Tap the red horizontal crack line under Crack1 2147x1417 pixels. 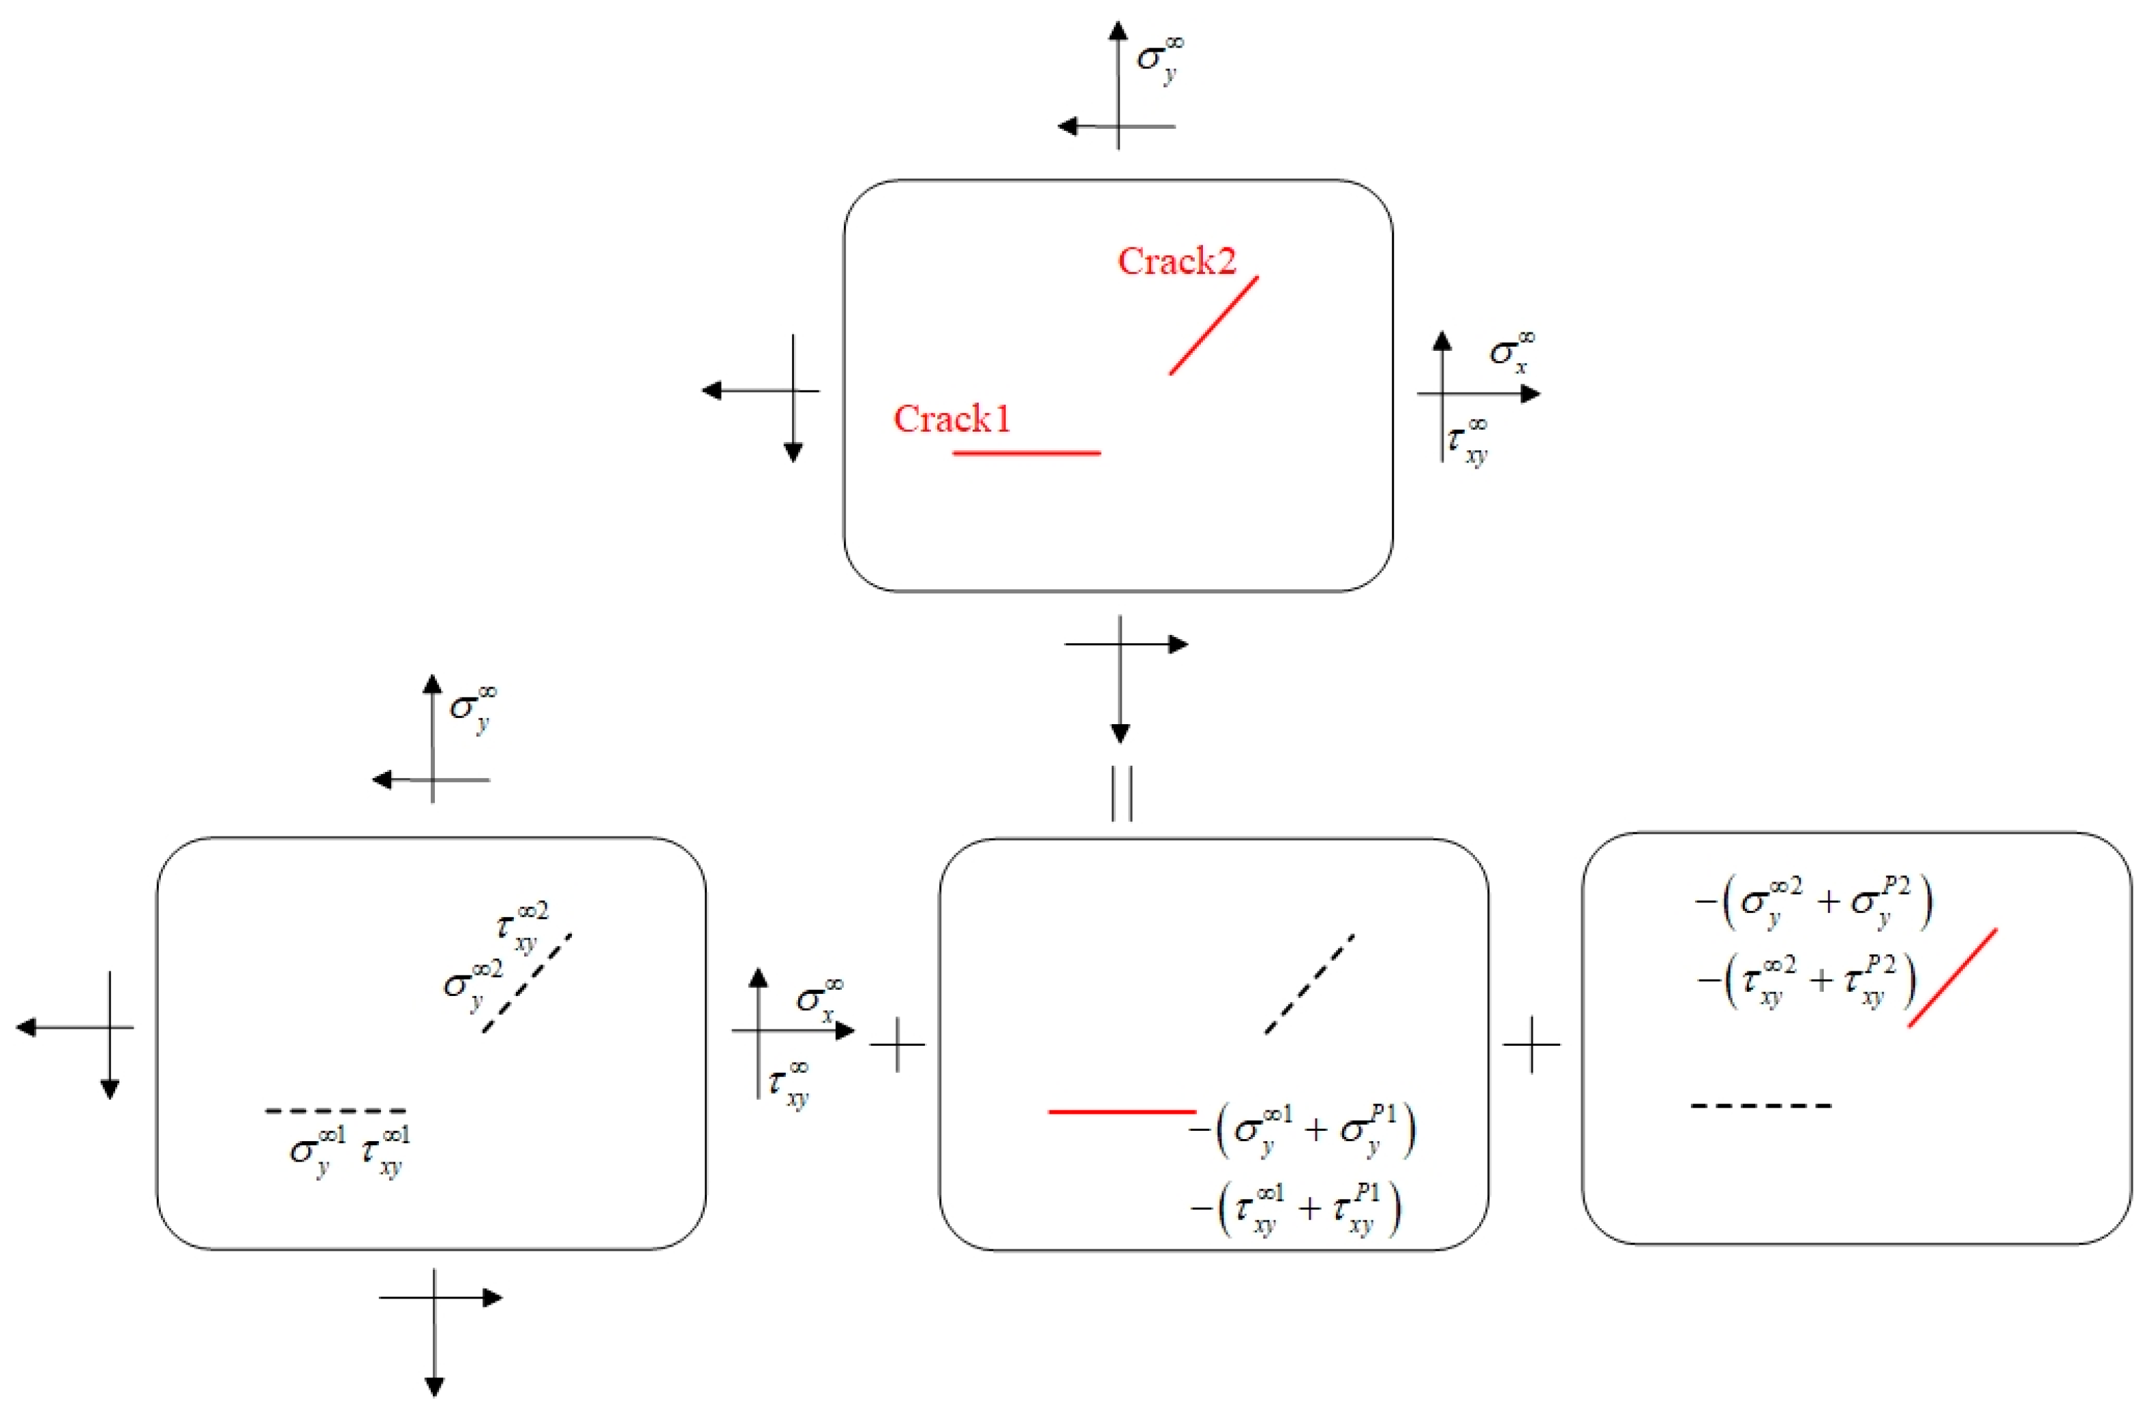coord(1026,452)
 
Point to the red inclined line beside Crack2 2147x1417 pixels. coord(1213,326)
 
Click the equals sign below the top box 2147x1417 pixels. coord(1121,794)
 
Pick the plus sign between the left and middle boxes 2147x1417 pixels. coord(897,1044)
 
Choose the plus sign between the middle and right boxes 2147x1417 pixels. coord(1532,1044)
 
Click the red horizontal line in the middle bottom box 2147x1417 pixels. coord(1121,1110)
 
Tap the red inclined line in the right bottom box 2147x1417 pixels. coord(1952,978)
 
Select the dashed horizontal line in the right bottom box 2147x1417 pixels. coord(1761,1105)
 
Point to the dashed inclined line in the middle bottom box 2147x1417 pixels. coord(1309,983)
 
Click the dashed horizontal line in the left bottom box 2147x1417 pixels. coord(335,1110)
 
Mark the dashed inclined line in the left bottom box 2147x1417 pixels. coord(527,983)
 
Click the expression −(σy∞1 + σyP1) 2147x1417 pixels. coord(1303,1130)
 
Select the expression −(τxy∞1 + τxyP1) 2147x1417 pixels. coord(1296,1209)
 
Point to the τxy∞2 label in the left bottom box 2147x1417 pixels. coord(521,927)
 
